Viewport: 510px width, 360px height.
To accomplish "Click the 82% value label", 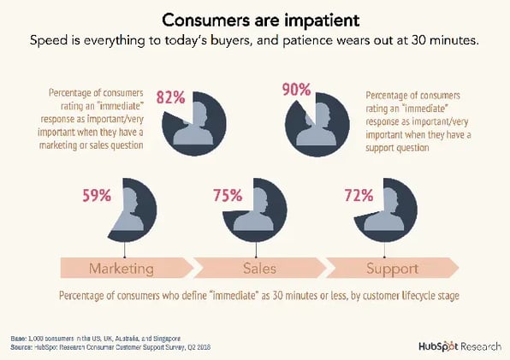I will click(x=170, y=97).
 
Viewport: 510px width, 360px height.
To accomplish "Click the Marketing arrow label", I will click(x=122, y=268).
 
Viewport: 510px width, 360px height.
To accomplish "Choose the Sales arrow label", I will click(x=259, y=268).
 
